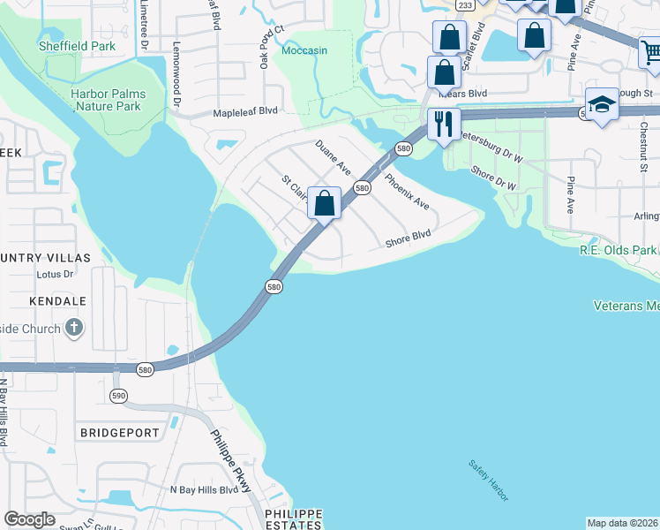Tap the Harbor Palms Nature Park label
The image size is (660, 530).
tap(108, 99)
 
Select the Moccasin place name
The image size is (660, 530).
tap(304, 50)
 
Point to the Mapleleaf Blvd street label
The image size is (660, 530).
tap(245, 112)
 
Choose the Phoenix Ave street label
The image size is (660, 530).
tap(407, 191)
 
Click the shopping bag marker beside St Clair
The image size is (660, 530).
tap(325, 203)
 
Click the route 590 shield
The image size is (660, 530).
tap(118, 395)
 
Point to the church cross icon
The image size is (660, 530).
tap(75, 329)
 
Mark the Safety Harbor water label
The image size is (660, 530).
tap(488, 478)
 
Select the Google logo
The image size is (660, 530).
tap(29, 519)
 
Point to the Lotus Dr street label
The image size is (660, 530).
tap(54, 274)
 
